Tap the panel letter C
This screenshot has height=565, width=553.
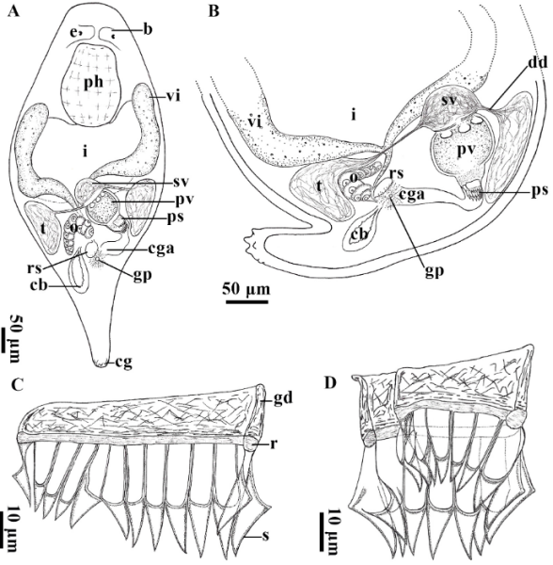tap(17, 385)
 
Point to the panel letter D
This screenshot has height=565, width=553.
tap(330, 383)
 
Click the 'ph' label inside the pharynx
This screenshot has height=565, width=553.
tap(93, 83)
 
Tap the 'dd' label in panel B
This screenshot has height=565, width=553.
tap(538, 63)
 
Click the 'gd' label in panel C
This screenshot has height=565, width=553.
tap(282, 398)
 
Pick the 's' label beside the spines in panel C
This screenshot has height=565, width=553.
tap(265, 536)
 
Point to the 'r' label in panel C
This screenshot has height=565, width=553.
tap(273, 444)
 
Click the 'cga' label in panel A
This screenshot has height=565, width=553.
tap(161, 249)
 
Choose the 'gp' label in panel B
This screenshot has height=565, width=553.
tap(434, 272)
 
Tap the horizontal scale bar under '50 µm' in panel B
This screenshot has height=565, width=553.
tap(246, 301)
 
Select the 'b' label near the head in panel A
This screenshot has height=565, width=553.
tap(148, 29)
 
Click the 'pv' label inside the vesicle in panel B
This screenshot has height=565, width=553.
tap(465, 152)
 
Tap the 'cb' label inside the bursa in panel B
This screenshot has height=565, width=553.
tap(359, 234)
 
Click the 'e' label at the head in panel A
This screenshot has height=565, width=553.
tap(75, 32)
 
